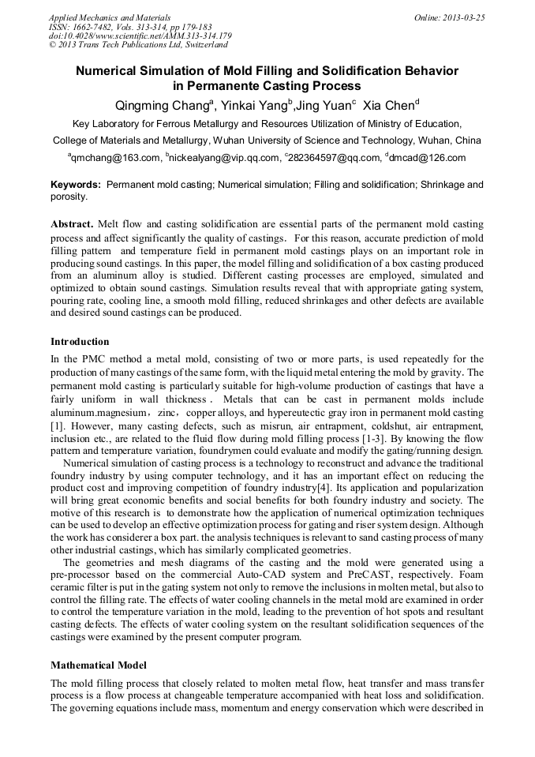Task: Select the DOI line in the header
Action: (x=140, y=36)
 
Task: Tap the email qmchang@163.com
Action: (x=116, y=158)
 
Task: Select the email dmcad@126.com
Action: (x=428, y=158)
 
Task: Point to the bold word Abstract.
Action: (x=72, y=224)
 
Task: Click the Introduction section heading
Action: (x=80, y=342)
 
